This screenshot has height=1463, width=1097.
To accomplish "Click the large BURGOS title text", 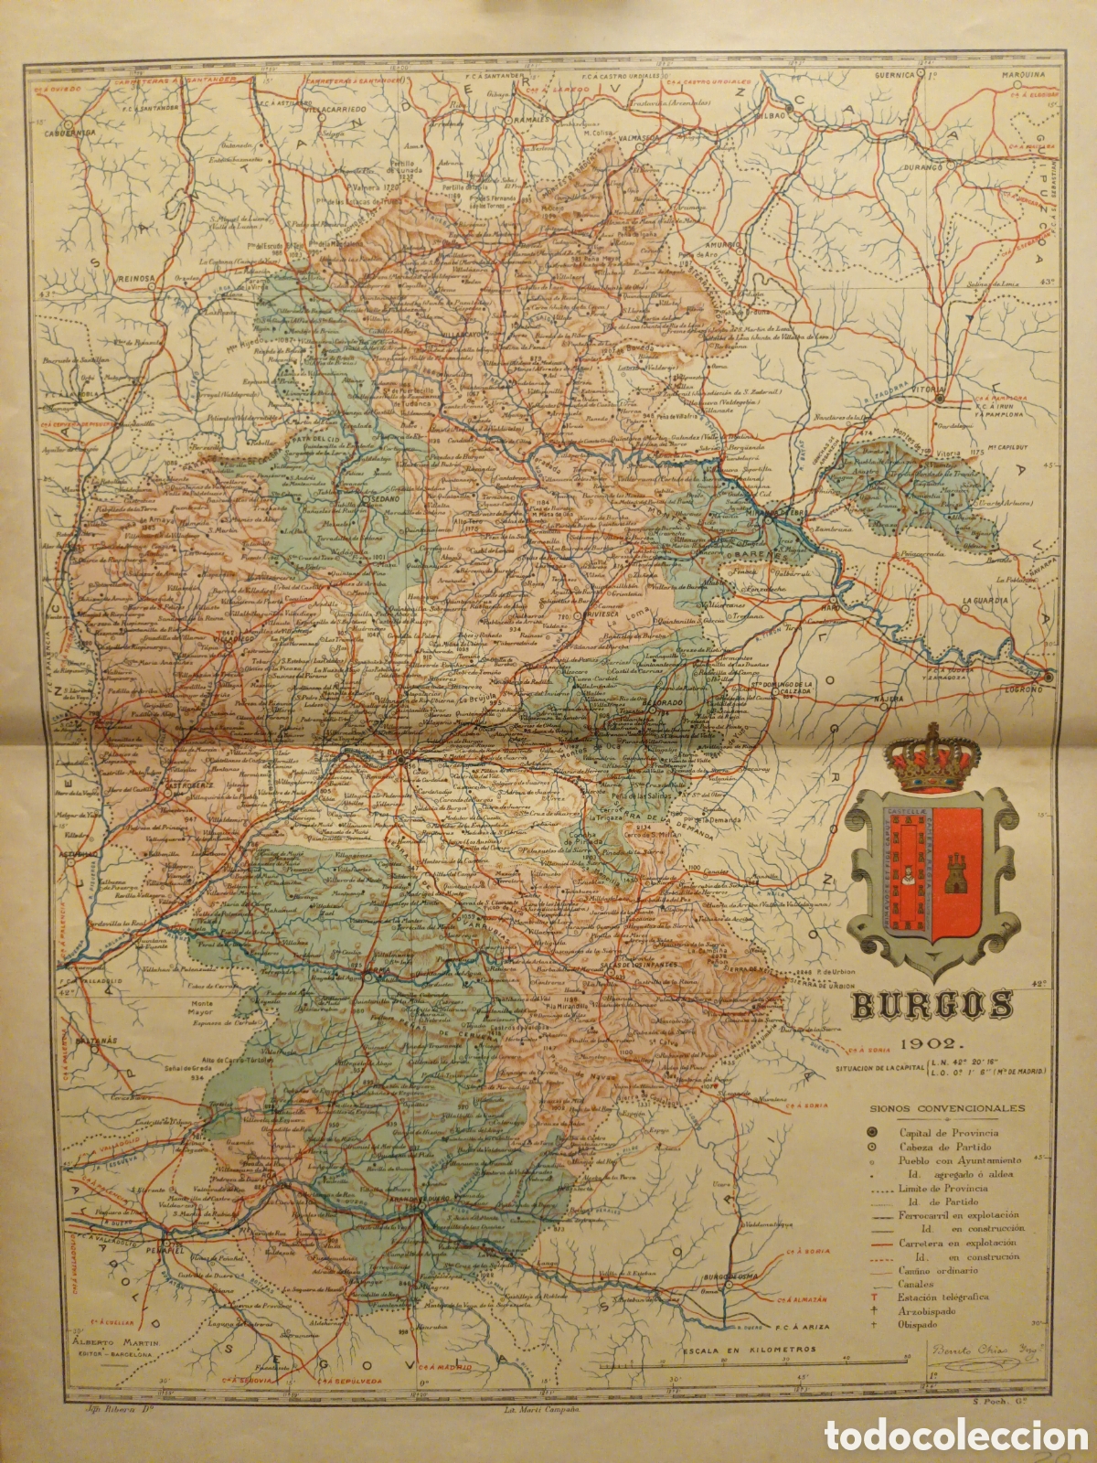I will point(932,1006).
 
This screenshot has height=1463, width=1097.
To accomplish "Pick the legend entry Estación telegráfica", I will point(949,1297).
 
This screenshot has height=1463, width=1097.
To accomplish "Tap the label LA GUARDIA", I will point(985,601).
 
